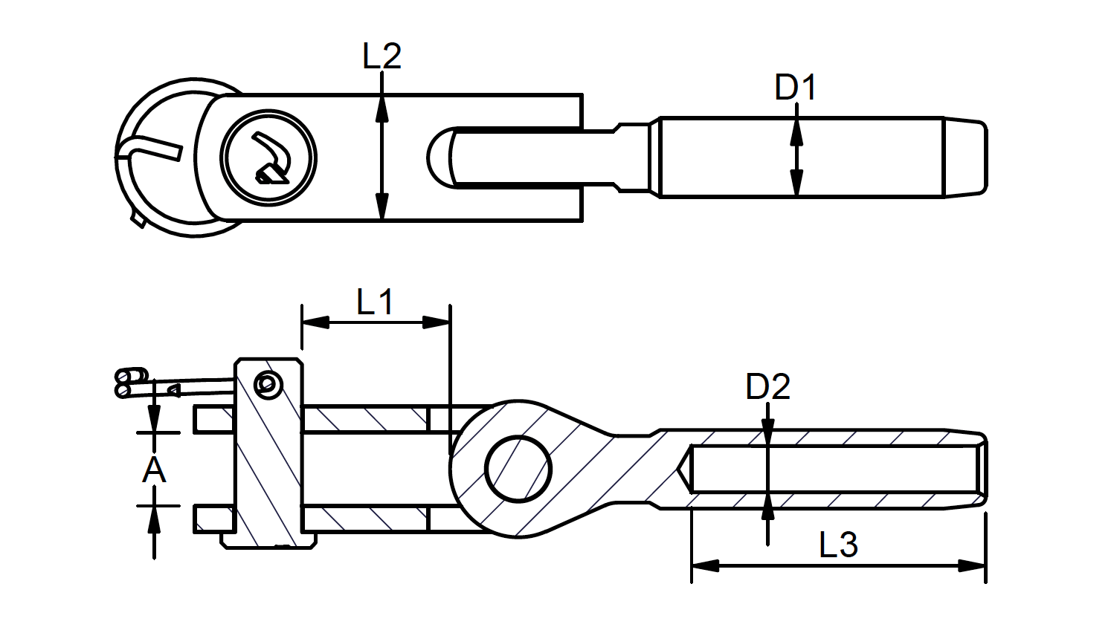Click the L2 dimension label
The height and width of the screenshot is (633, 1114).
point(381,56)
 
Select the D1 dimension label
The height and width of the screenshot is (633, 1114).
point(795,88)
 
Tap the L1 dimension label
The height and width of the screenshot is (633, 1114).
point(375,302)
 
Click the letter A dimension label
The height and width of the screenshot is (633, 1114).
point(153,470)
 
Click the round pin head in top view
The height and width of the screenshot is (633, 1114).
point(268,157)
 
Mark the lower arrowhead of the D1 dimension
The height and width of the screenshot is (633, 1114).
point(796,184)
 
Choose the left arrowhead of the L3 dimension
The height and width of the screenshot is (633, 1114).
point(705,566)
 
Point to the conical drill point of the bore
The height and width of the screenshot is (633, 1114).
point(685,469)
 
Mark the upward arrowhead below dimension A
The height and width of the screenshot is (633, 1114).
point(154,519)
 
